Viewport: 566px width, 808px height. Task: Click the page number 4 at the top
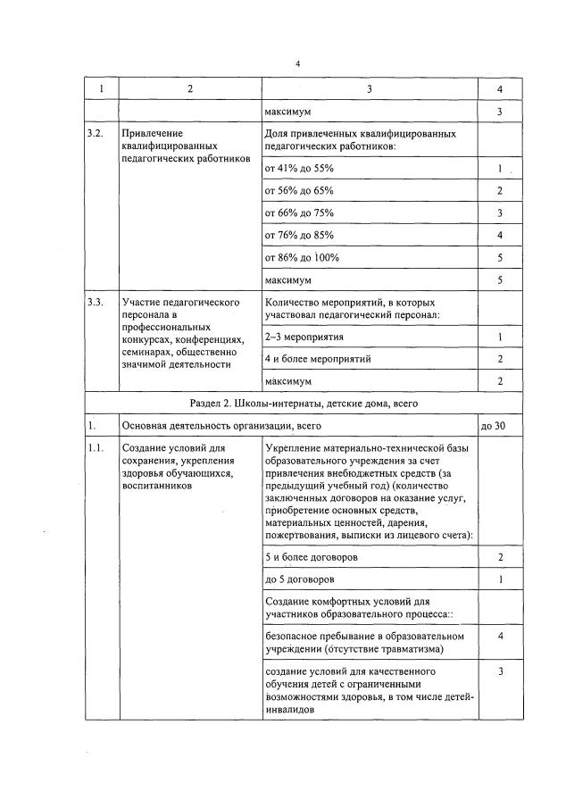click(298, 64)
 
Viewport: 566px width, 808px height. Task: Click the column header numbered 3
click(370, 89)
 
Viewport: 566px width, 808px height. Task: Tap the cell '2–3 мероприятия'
click(304, 337)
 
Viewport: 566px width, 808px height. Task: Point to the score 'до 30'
click(493, 426)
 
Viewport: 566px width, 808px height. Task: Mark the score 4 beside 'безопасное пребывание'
click(500, 636)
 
